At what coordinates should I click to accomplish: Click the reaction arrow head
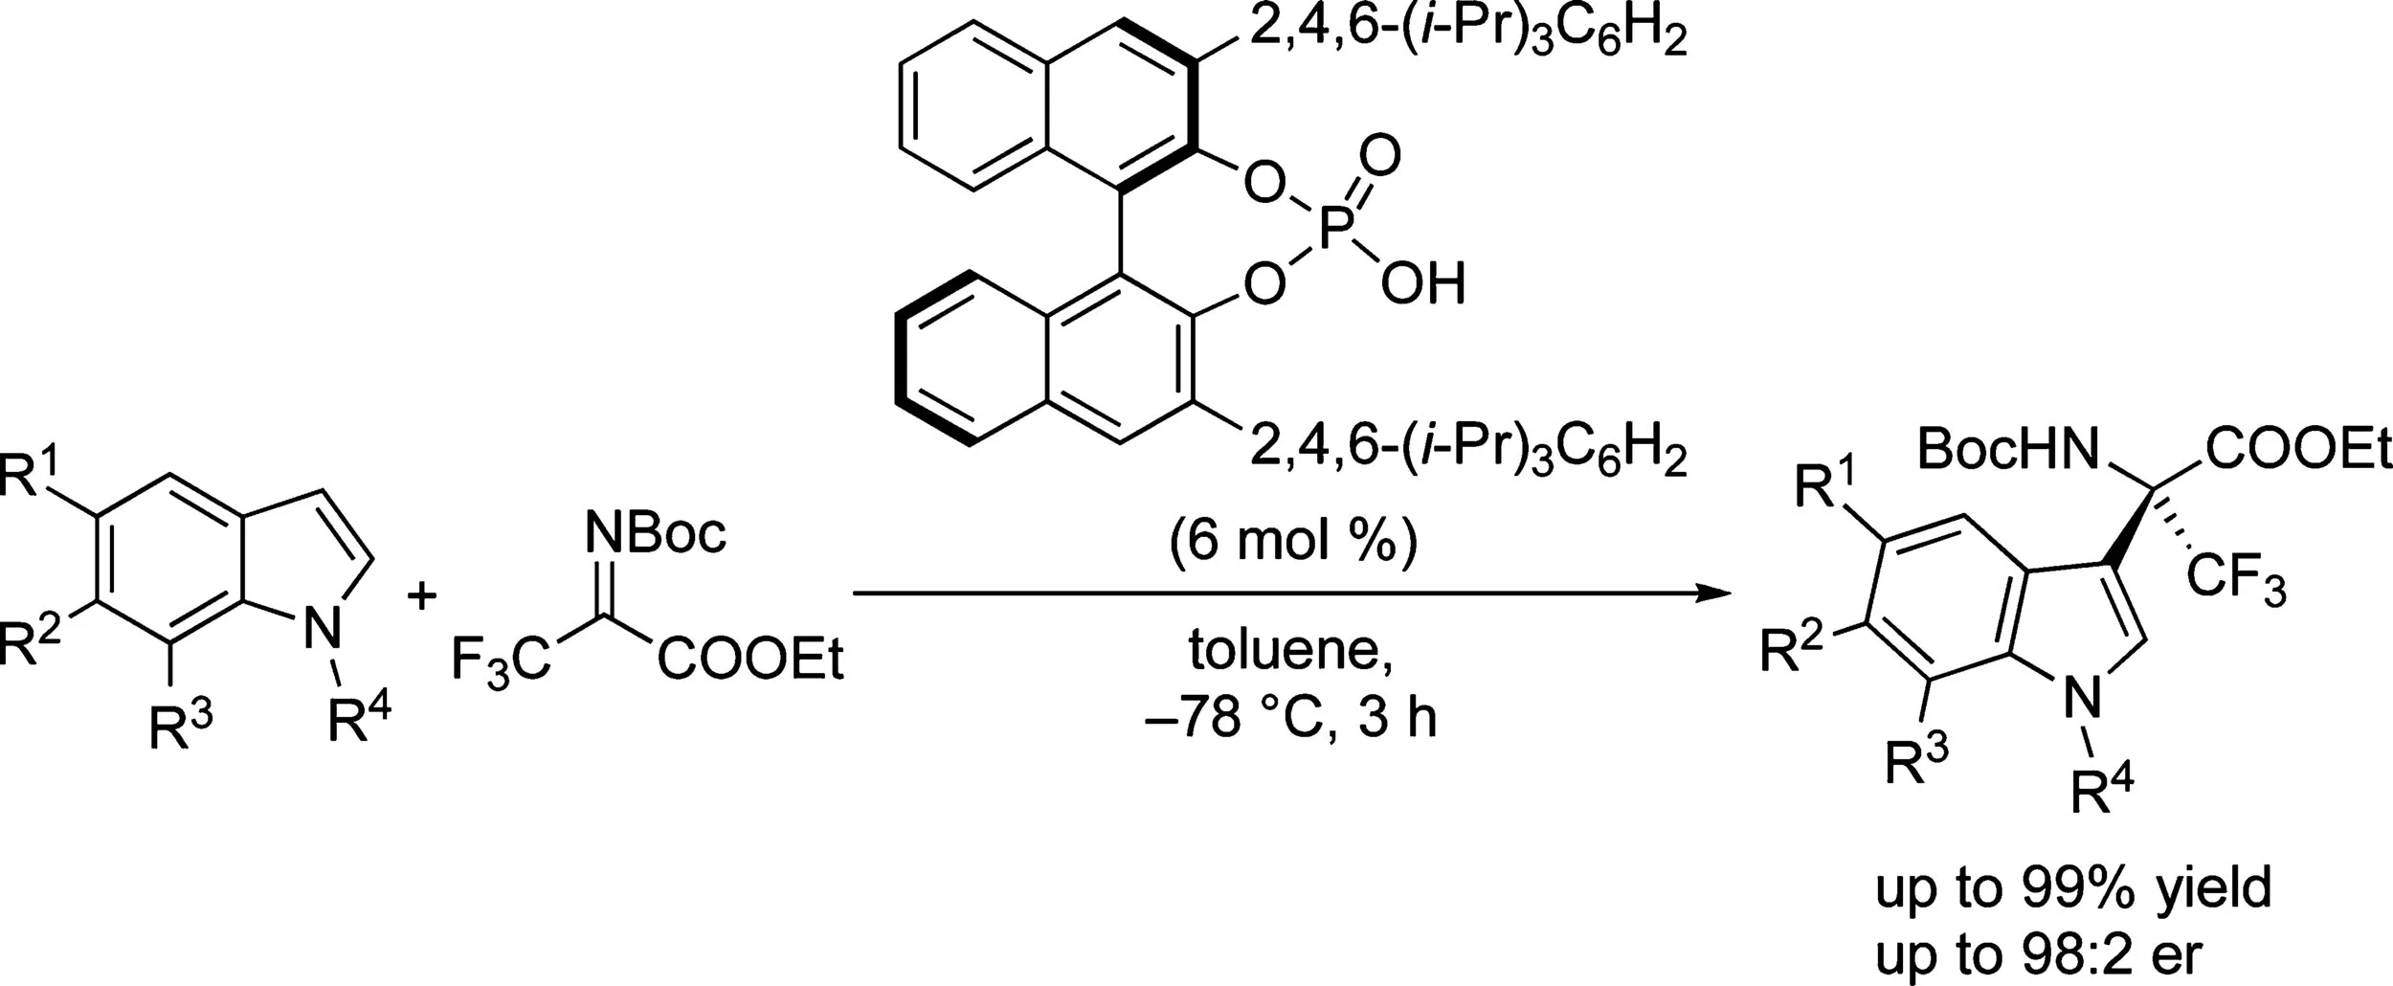tap(1718, 594)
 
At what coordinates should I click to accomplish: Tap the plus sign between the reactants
tap(422, 597)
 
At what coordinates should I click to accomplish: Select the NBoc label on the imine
tap(658, 532)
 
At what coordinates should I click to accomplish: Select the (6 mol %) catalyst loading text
tap(1292, 542)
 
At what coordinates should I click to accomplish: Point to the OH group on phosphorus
tap(1422, 284)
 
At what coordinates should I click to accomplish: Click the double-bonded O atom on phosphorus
tap(1379, 153)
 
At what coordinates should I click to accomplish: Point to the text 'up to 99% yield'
tap(2072, 889)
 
